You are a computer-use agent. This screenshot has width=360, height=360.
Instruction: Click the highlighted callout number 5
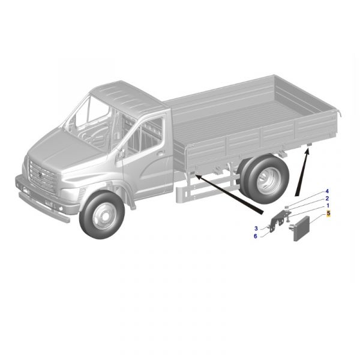coord(329,213)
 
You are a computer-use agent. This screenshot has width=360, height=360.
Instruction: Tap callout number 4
coord(327,191)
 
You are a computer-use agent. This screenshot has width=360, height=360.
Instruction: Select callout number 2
coord(327,199)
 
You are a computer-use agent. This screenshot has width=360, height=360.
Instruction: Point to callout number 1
coord(328,206)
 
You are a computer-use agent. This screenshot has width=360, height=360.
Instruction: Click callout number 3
coord(256,229)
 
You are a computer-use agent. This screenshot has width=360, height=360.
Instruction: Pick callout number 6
coord(256,236)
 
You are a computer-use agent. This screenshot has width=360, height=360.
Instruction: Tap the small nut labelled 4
coord(286,208)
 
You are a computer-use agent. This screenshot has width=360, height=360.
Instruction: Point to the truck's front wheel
coord(101,215)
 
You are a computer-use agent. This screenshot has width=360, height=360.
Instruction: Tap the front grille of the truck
coord(43,176)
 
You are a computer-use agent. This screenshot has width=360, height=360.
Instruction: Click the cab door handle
coord(161,152)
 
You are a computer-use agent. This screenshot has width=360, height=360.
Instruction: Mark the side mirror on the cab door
coord(120,154)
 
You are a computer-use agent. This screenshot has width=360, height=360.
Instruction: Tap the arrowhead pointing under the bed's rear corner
coord(307,151)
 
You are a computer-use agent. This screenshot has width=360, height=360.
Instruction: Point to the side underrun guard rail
coord(206,188)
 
